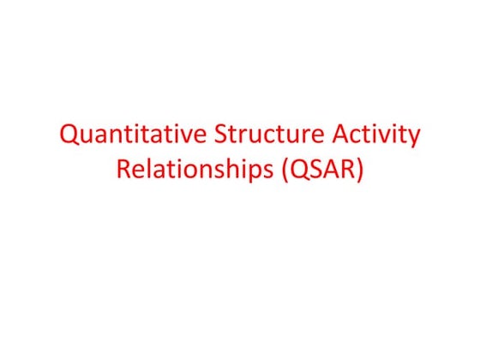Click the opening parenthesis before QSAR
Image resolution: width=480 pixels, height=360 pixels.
pos(281,170)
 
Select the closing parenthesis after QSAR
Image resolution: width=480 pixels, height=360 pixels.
pos(360,170)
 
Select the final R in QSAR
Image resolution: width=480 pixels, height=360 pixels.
pos(346,169)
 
